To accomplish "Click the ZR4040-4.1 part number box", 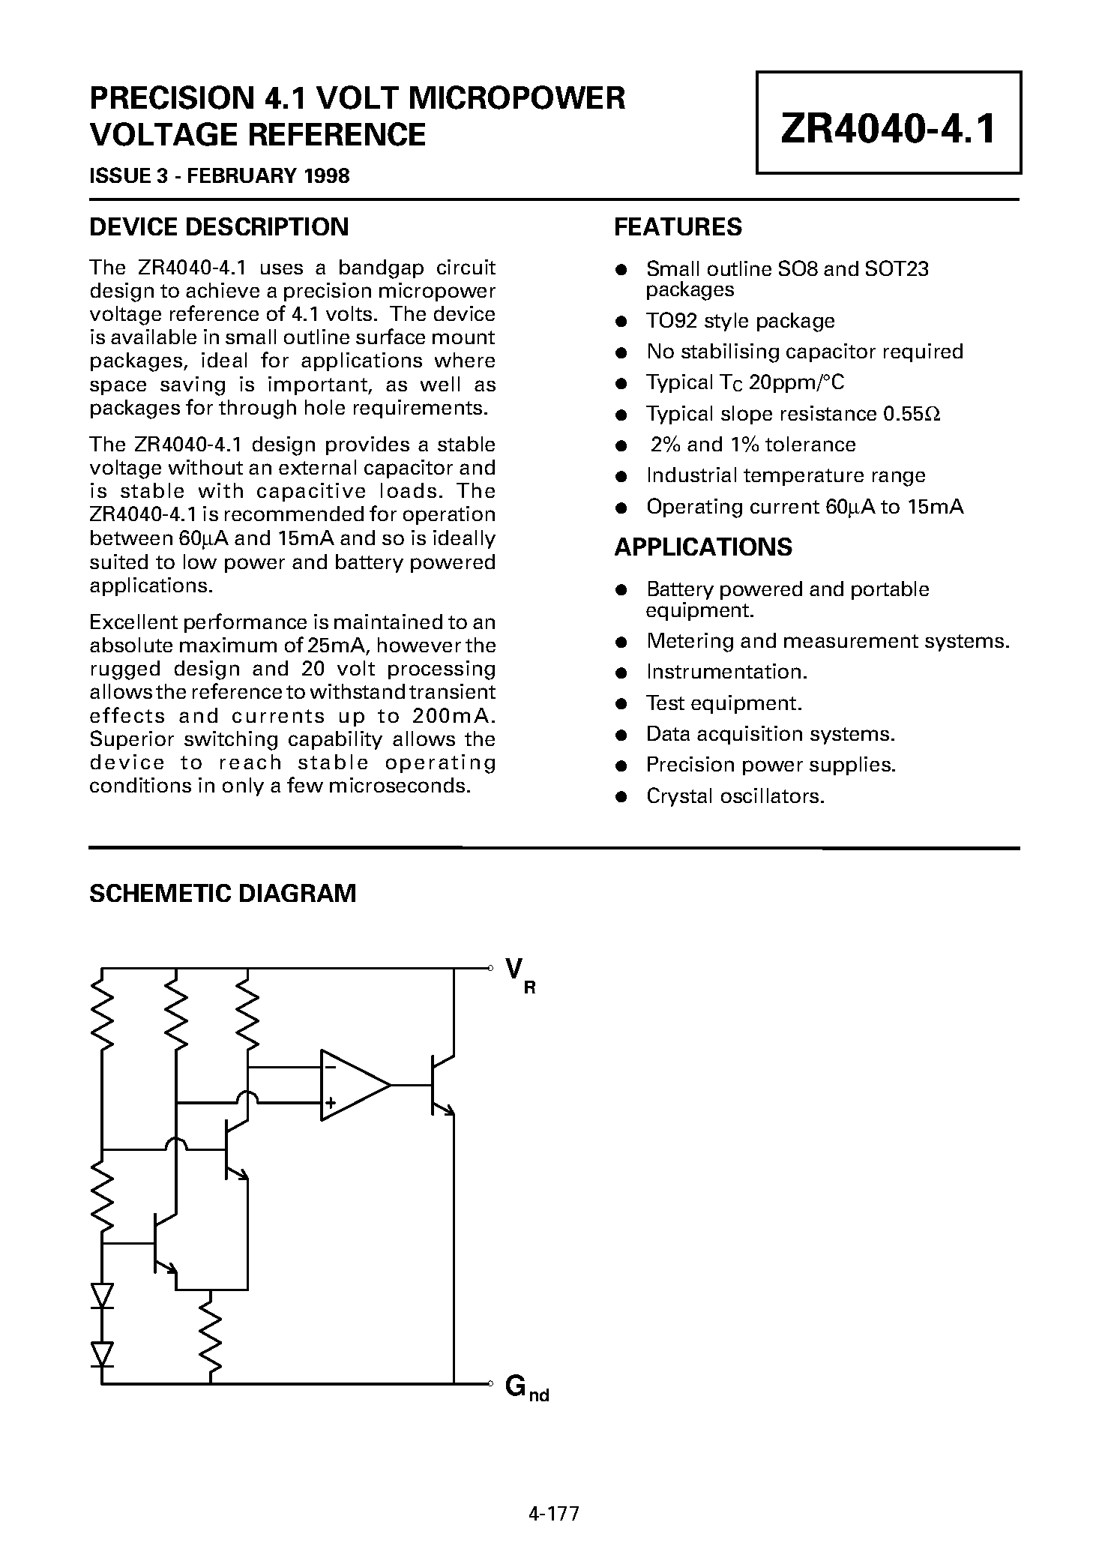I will tap(888, 123).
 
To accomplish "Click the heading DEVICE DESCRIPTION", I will tap(218, 227).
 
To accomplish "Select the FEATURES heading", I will tap(678, 227).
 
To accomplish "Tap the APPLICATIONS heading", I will tap(702, 547).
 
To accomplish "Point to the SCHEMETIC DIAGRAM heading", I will tap(223, 894).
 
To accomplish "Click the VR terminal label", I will tap(518, 974).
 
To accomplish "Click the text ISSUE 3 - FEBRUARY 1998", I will tap(219, 176).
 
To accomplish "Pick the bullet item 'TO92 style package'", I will tap(740, 321).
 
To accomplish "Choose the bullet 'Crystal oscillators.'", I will tap(735, 796).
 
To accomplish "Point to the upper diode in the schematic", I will tap(102, 1295).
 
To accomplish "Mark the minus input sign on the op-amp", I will tap(330, 1067).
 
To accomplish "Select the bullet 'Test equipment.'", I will tap(724, 703).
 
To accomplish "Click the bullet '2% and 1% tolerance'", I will tap(752, 445).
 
